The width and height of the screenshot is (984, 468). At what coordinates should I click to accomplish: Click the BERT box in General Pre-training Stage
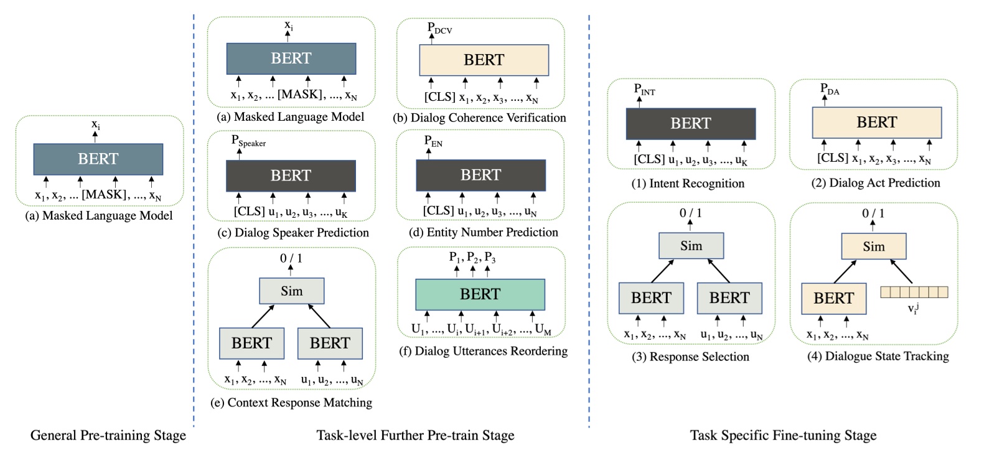click(x=98, y=159)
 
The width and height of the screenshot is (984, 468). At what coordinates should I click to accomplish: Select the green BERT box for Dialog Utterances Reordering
click(x=480, y=294)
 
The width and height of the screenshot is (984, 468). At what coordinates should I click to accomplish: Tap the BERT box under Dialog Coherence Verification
click(x=484, y=60)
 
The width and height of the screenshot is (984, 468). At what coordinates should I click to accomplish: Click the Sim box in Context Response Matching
click(x=291, y=291)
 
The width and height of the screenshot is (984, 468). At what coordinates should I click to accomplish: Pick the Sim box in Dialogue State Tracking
click(x=873, y=246)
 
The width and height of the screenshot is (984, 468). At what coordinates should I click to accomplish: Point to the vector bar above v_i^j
click(x=914, y=292)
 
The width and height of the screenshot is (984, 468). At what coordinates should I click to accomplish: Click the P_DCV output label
click(x=439, y=28)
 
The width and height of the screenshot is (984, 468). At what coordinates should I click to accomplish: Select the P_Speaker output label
click(x=248, y=141)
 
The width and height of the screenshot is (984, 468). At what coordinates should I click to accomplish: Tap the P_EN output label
click(x=433, y=141)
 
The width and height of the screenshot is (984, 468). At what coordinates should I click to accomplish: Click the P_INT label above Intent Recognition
click(x=644, y=90)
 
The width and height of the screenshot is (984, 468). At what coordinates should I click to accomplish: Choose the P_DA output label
click(x=829, y=90)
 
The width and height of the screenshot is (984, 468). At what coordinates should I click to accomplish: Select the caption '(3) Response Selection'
click(x=691, y=357)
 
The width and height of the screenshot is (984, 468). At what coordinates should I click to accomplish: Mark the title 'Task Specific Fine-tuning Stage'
click(x=783, y=435)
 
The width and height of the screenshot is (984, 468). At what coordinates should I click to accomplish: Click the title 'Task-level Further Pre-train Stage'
click(x=415, y=435)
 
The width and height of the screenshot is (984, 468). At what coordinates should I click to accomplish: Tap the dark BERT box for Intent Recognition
click(x=690, y=123)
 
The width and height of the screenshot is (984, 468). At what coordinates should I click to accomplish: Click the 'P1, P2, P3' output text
click(x=472, y=258)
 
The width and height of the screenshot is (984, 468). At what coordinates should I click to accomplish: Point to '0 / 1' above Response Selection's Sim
click(x=690, y=213)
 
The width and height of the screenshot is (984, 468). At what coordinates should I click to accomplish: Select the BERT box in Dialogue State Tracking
click(x=833, y=298)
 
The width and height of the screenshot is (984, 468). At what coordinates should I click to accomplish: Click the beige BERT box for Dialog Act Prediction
click(x=876, y=122)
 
